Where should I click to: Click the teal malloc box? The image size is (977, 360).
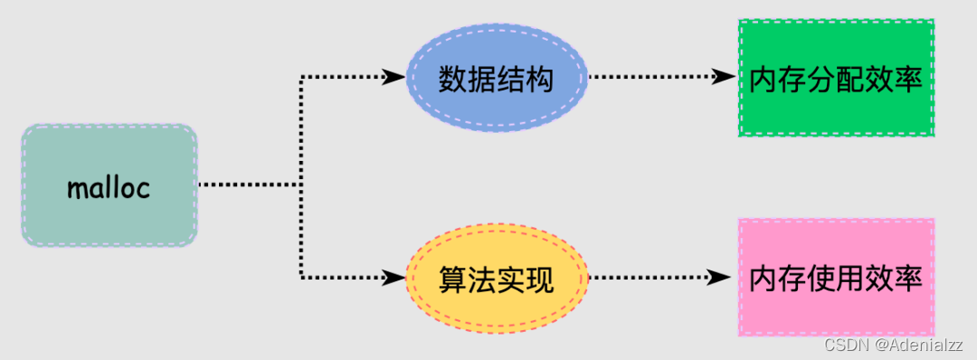coord(109,185)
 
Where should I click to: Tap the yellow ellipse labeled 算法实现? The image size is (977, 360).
coord(496,279)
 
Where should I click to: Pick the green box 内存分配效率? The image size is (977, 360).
coord(836,78)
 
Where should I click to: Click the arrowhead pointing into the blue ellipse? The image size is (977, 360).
coord(394,78)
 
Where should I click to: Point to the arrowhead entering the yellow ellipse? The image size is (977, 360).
coord(394,278)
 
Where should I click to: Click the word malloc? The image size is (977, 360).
coord(109,187)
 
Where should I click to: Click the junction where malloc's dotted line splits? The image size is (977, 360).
coord(300,185)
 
